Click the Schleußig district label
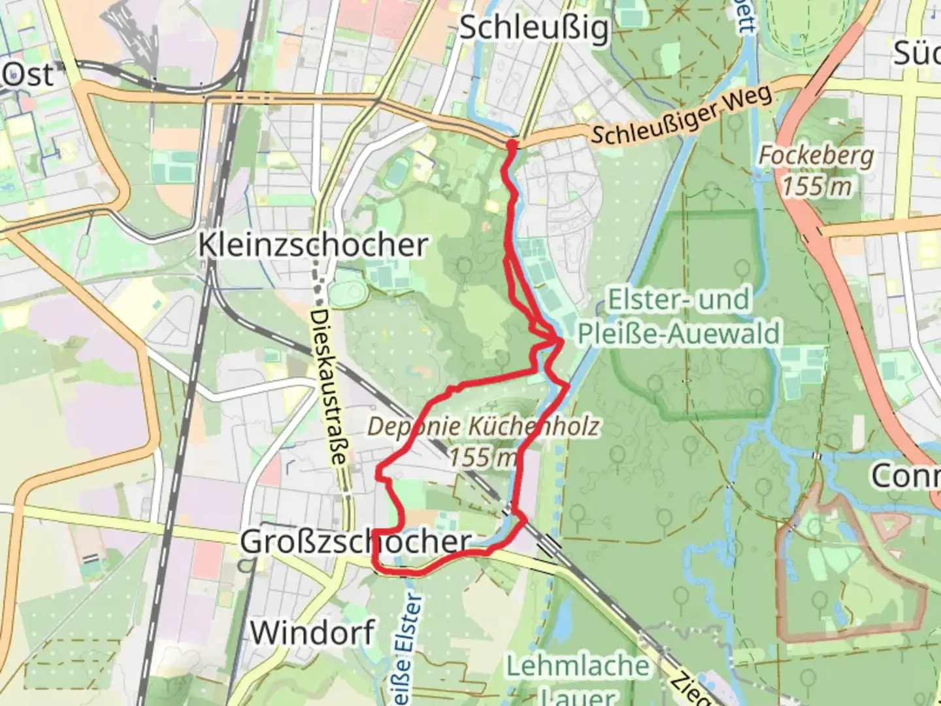click(x=534, y=29)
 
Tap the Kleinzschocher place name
click(x=313, y=245)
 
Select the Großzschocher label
click(x=355, y=542)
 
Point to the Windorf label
click(x=312, y=632)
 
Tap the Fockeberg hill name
click(x=816, y=156)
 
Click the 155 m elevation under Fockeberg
click(x=816, y=186)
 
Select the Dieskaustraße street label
click(x=328, y=386)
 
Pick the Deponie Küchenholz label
click(x=483, y=427)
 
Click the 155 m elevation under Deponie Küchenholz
click(x=483, y=457)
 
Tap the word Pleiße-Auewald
click(x=678, y=333)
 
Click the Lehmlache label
click(x=578, y=666)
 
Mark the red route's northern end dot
click(x=512, y=144)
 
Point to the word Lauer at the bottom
click(x=578, y=696)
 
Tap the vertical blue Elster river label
click(x=406, y=647)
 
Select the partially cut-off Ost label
click(x=27, y=75)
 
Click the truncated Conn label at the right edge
click(x=904, y=476)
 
